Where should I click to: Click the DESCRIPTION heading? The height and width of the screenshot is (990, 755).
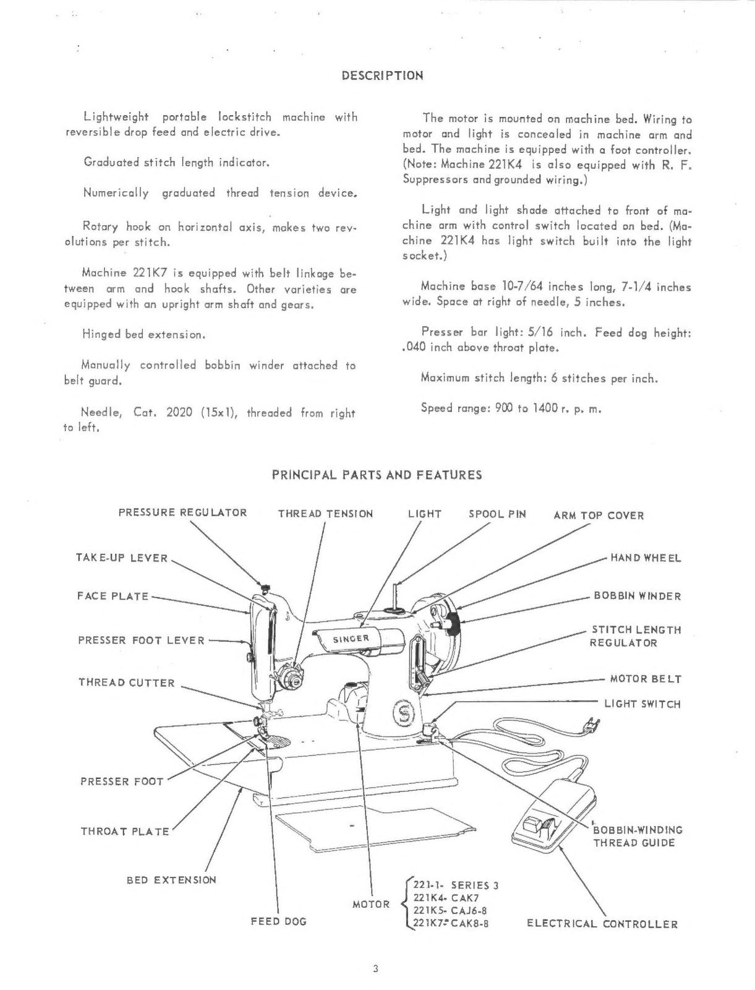point(382,76)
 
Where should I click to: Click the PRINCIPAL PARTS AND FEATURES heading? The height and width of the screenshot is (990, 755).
point(377,475)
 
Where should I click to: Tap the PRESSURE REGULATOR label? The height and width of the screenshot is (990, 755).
point(182,513)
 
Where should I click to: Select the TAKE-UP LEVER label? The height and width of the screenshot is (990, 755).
point(122,558)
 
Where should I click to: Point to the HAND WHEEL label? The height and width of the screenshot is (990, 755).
point(646,558)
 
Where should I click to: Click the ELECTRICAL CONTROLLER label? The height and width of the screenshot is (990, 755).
point(602,924)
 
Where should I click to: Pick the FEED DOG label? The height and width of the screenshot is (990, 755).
point(278,922)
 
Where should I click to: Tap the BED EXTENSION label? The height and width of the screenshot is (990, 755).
point(171,880)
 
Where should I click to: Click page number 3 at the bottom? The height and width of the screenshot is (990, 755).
point(375,969)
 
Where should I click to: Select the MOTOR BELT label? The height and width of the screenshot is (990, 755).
point(646,679)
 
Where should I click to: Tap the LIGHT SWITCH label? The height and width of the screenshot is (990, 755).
point(642,704)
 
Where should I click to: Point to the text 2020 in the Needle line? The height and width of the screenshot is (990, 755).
point(180,412)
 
